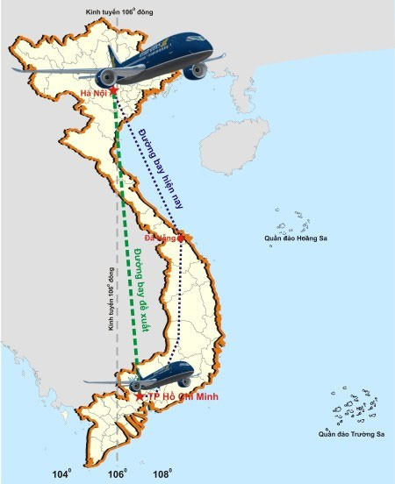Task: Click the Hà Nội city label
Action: [94, 94]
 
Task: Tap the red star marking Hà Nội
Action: [114, 89]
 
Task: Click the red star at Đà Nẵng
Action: [181, 237]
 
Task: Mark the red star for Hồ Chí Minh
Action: [140, 396]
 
